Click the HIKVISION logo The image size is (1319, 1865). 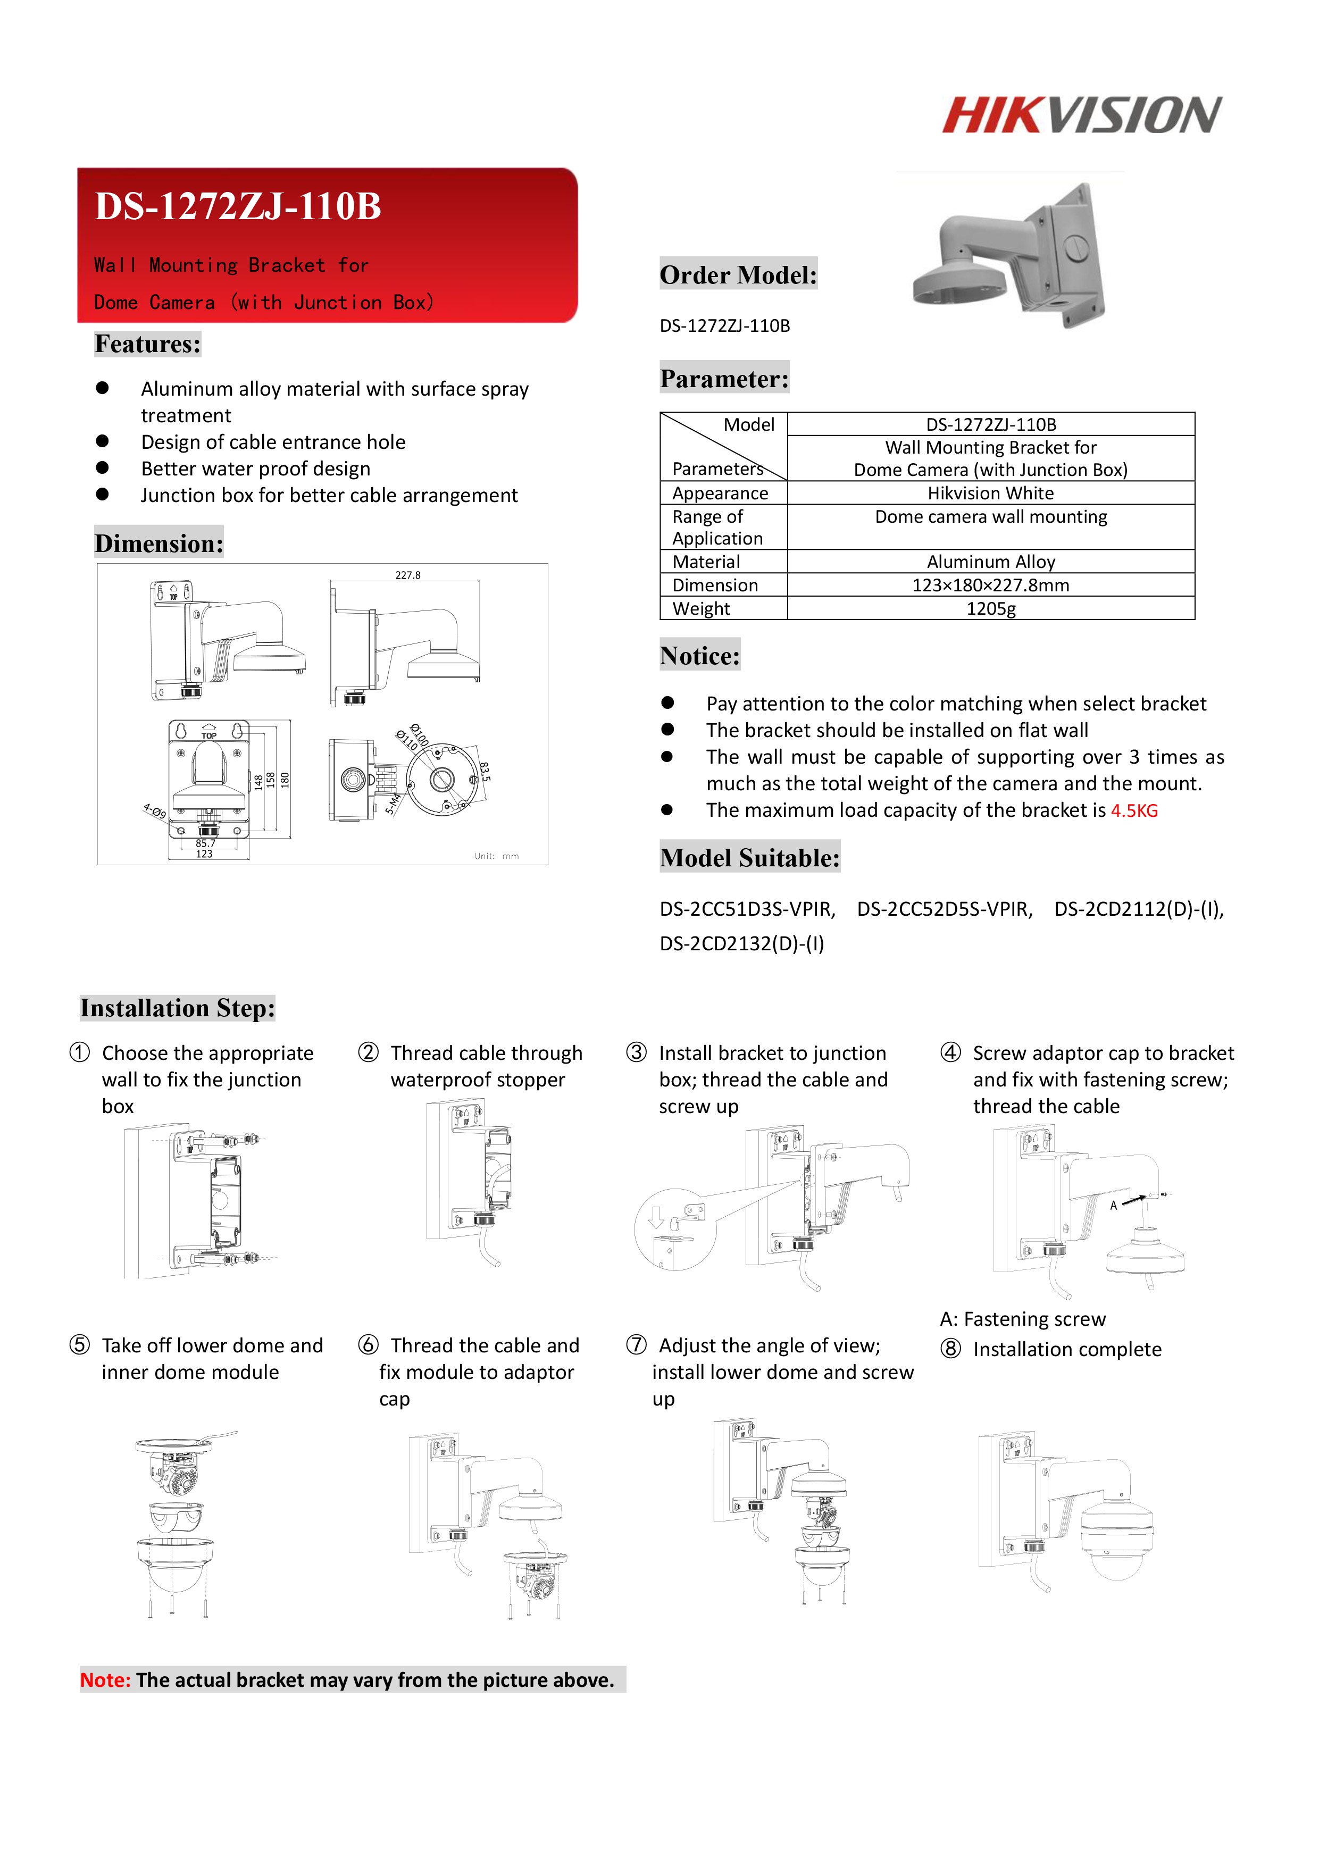tap(1081, 114)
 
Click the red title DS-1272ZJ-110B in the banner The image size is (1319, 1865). tap(238, 206)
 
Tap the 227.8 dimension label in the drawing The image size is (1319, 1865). tap(408, 575)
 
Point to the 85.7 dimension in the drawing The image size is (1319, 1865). tap(205, 843)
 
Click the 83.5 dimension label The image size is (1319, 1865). tap(485, 772)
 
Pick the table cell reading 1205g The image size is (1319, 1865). tap(990, 608)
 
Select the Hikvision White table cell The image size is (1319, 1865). tap(990, 493)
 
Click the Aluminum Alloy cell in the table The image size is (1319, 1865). tap(990, 561)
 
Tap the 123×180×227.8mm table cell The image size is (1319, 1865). tap(990, 585)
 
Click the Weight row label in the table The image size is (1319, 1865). tap(701, 608)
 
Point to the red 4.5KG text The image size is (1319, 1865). tap(1134, 810)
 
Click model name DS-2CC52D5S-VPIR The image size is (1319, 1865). tap(945, 909)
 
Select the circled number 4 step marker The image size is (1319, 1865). tap(950, 1053)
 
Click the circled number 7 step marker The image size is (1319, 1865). tap(636, 1345)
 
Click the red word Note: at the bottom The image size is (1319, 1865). tap(105, 1680)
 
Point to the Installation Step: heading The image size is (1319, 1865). tap(177, 1008)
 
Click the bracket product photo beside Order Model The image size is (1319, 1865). tap(1009, 255)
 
